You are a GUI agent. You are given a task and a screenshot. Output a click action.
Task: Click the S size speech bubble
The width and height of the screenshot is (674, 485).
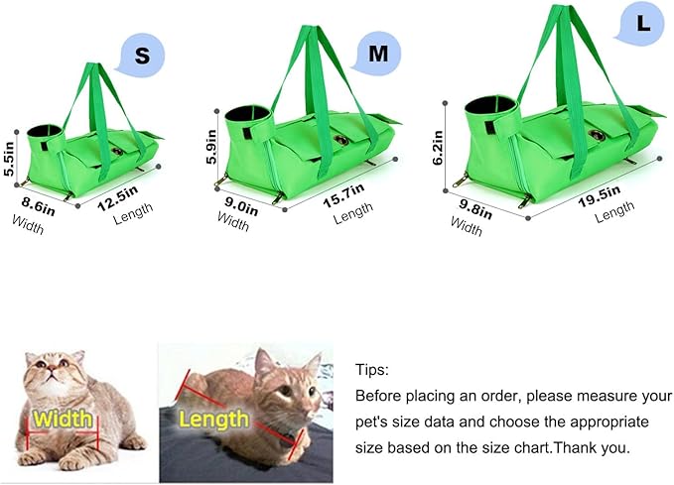coord(141,57)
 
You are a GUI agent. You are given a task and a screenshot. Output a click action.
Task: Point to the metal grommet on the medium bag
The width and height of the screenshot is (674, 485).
coord(341,142)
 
